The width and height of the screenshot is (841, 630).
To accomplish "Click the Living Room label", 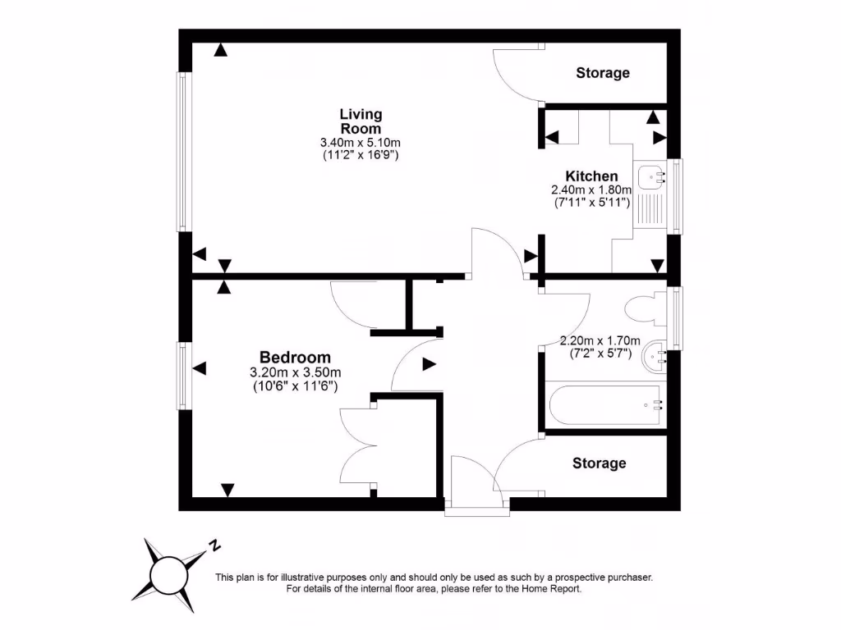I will pos(361,121).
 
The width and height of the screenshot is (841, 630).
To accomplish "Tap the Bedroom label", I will pos(295,358).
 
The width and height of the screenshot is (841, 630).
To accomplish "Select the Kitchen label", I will pos(591,176).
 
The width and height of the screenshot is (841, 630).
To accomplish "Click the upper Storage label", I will pos(602,73).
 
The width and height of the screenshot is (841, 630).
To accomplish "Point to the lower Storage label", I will pos(599,463).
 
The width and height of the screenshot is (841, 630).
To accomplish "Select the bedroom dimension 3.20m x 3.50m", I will pos(295,372).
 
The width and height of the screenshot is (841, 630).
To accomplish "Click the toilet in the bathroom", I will pos(646,309).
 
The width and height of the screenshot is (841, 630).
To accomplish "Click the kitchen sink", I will pos(650,176).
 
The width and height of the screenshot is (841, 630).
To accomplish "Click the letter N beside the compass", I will pos(214,545).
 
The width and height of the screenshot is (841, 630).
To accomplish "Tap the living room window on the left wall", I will pos(184,152).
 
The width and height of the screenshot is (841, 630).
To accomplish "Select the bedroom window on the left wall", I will pos(184,376).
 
